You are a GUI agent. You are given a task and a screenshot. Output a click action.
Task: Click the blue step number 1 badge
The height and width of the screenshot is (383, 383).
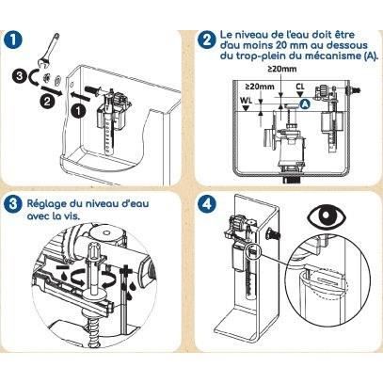14,40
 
